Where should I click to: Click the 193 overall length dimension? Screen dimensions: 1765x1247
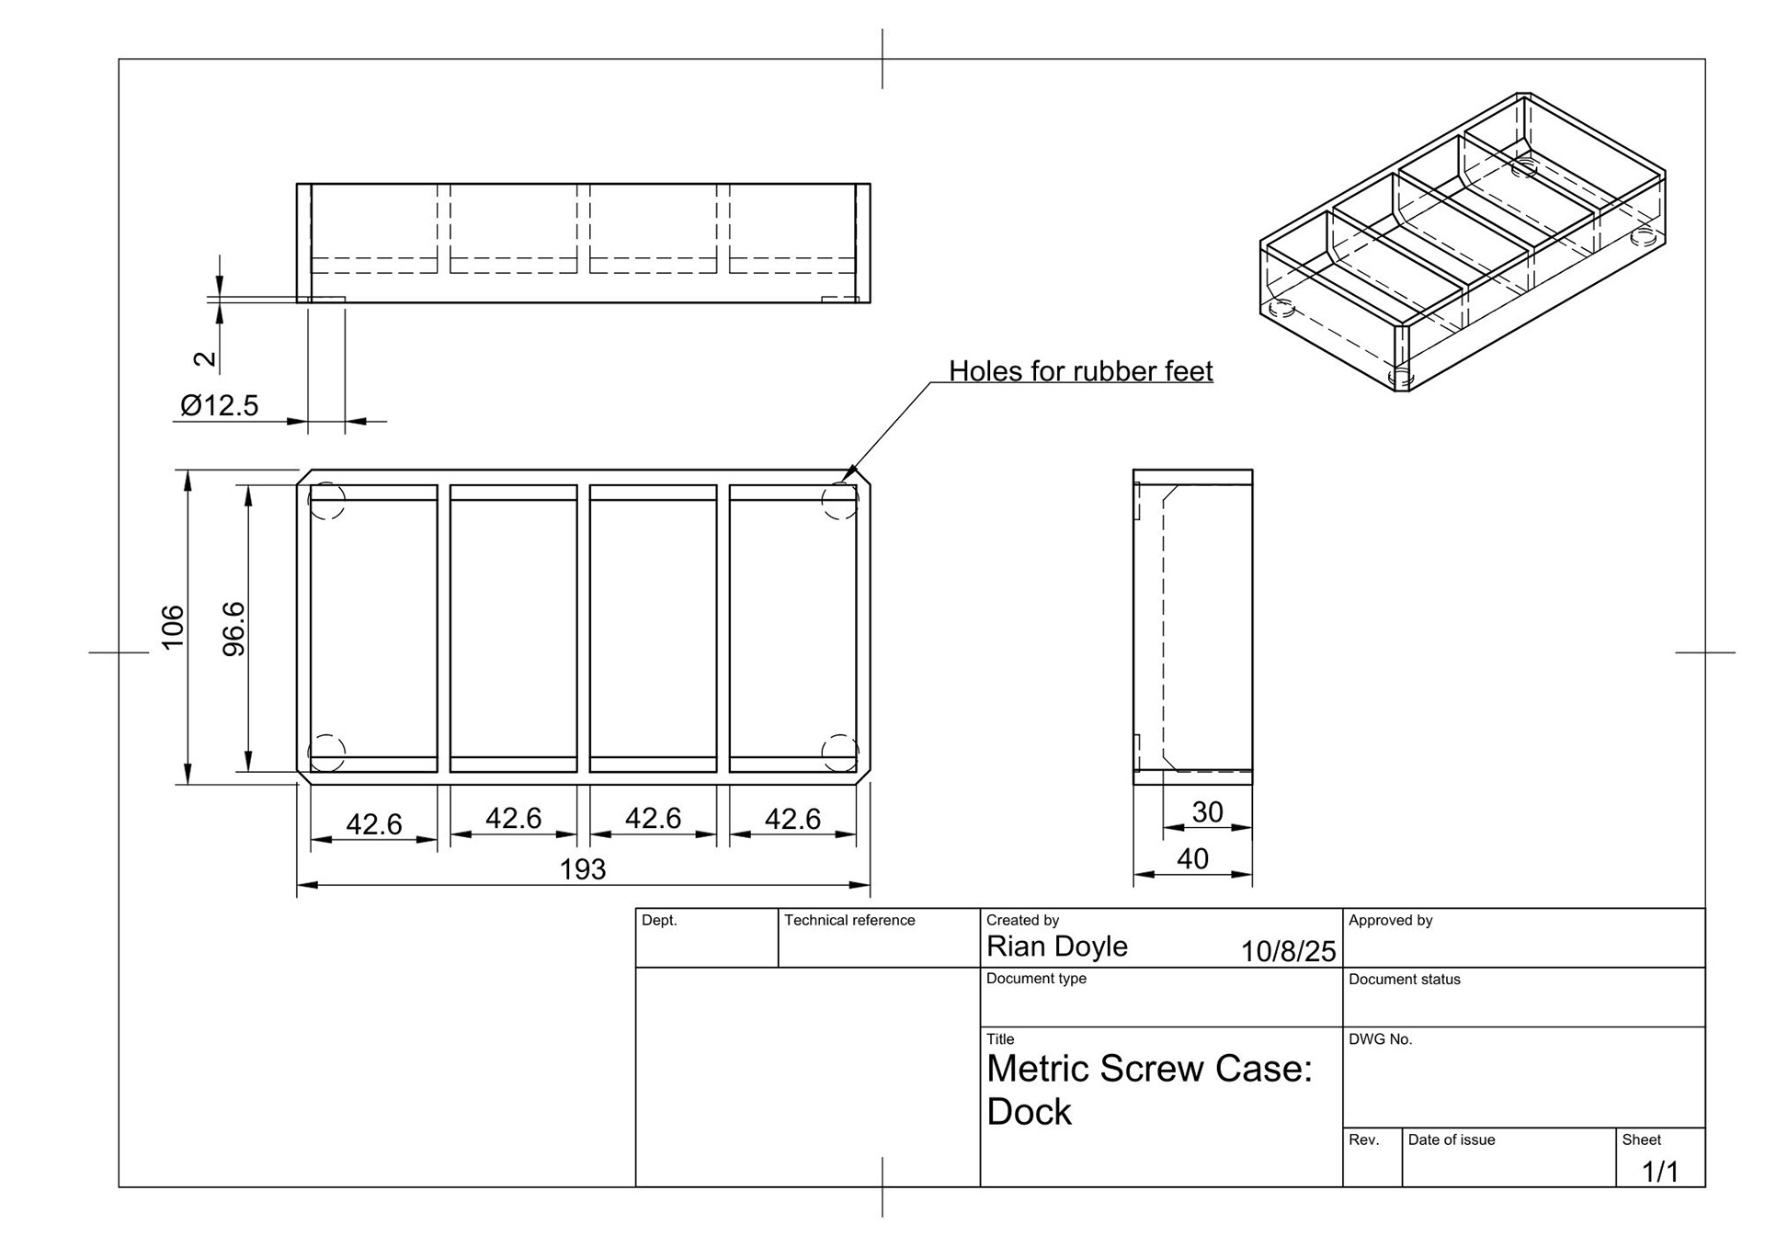[x=583, y=868]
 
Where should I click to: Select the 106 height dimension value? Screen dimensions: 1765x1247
[x=173, y=627]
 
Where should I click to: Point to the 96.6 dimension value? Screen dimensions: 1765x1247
[x=234, y=629]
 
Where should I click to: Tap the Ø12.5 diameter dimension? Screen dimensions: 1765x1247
[x=220, y=405]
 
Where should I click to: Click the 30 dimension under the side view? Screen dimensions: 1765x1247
[x=1207, y=811]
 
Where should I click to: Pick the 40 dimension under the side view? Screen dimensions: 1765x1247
[x=1192, y=858]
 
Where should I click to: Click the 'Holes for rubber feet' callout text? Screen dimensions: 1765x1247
[x=1080, y=371]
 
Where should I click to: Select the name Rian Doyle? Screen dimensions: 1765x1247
[x=1056, y=947]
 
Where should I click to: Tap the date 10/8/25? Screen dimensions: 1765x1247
[x=1288, y=951]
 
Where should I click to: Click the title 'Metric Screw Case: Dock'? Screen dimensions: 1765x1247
[x=1149, y=1090]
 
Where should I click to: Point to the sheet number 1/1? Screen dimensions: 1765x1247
[x=1660, y=1172]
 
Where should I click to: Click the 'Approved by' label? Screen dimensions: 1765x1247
[x=1390, y=920]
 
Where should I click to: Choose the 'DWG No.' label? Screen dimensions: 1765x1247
[x=1380, y=1039]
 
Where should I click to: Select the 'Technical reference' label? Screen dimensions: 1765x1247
[x=849, y=920]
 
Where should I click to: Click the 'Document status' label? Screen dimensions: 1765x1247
[x=1404, y=980]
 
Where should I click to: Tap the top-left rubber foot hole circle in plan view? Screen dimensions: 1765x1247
[x=326, y=502]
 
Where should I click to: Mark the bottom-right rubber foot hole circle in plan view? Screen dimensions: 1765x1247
[x=839, y=753]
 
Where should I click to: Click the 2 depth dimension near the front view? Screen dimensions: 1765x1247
[x=209, y=358]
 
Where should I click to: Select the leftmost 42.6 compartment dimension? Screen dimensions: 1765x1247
[x=373, y=824]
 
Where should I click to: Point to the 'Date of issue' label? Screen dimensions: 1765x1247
[x=1451, y=1139]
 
